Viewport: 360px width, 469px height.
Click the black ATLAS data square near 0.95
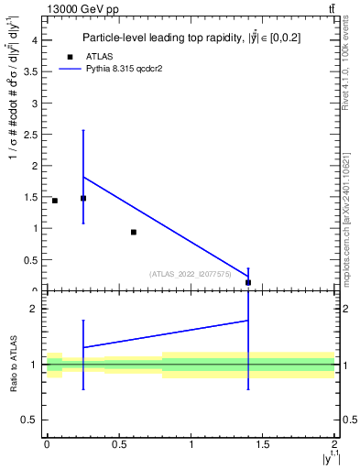[x=134, y=232]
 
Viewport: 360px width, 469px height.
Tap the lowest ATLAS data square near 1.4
[x=248, y=282]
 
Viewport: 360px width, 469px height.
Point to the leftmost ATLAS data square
[x=55, y=201]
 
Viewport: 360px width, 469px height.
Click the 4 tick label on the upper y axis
[x=33, y=40]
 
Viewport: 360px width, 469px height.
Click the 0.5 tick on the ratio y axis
[x=30, y=420]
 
